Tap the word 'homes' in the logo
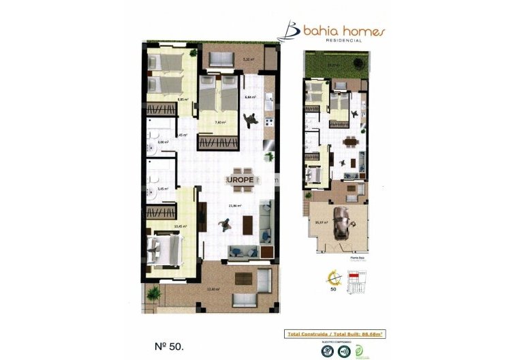coord(362,31)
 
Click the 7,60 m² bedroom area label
coord(219,123)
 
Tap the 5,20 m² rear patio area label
coord(248,59)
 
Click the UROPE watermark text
coord(241,179)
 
